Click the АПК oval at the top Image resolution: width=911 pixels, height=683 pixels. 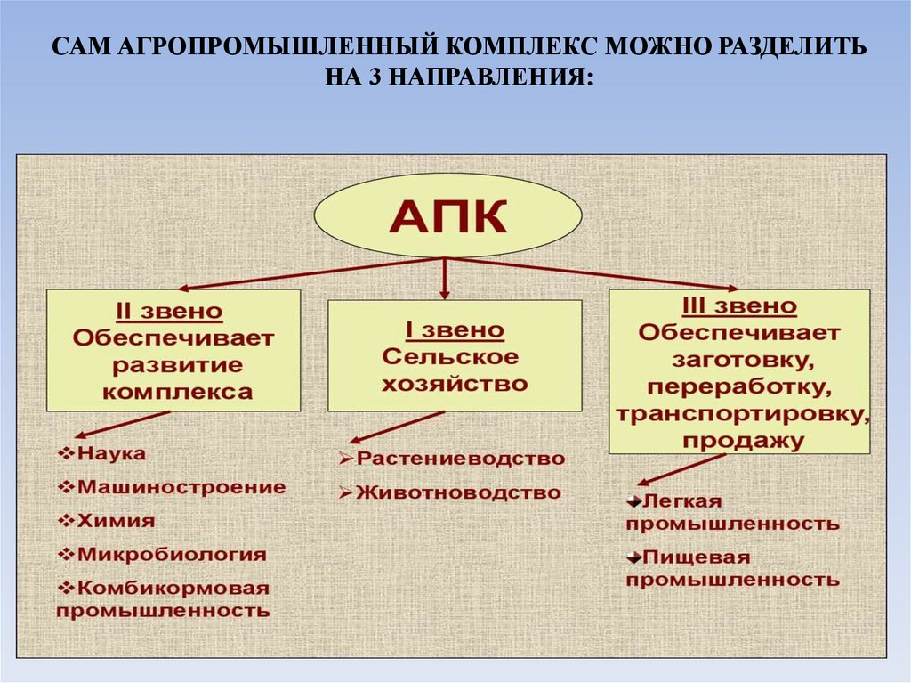point(448,216)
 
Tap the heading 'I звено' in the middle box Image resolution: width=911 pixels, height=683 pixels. point(455,330)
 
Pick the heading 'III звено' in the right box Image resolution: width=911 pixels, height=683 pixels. point(738,307)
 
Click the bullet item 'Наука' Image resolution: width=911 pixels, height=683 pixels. point(112,454)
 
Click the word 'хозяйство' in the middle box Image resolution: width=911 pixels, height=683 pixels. point(455,384)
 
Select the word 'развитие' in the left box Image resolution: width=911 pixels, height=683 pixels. point(176,365)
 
